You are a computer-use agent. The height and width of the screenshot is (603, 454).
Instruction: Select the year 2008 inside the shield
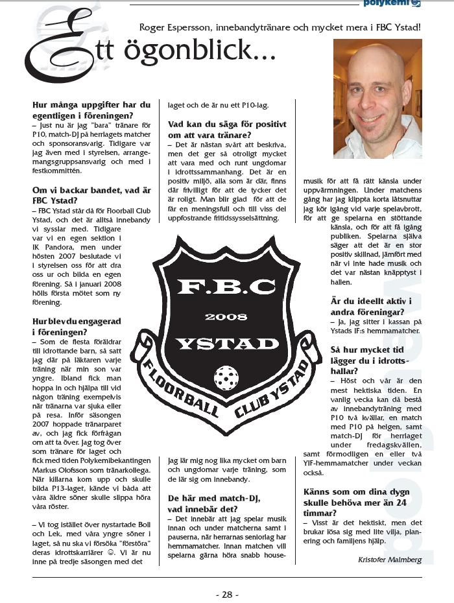pyautogui.click(x=225, y=316)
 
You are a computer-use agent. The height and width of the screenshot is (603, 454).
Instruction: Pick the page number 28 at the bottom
pyautogui.click(x=227, y=594)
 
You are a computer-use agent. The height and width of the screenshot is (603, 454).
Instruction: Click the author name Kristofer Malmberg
pyautogui.click(x=390, y=559)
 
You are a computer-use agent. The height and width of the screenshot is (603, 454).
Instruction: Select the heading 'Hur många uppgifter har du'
pyautogui.click(x=91, y=104)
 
